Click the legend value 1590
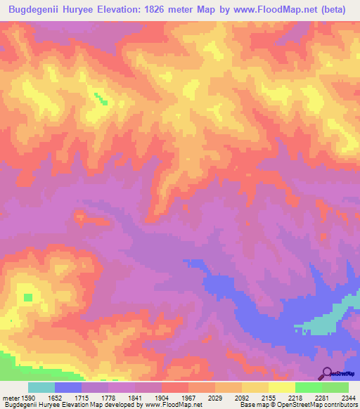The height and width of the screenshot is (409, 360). tap(28, 396)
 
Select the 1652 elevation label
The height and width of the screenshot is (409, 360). tap(65, 396)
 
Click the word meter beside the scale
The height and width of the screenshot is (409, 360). tap(11, 396)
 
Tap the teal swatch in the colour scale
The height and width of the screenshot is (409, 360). tap(41, 387)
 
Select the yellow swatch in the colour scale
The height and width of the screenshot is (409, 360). tap(282, 387)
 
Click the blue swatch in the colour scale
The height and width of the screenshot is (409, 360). tap(68, 387)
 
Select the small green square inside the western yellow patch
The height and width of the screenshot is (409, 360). tap(27, 297)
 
